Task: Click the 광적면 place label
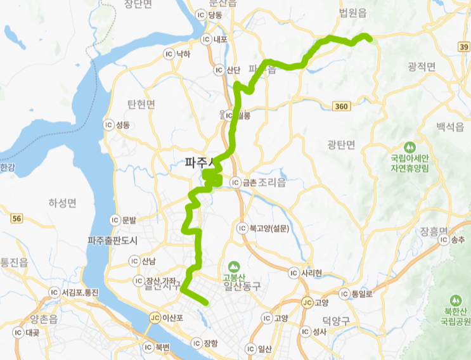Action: coord(423,66)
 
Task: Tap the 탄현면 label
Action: coord(141,105)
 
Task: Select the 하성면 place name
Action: coord(62,203)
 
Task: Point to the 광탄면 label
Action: coord(342,145)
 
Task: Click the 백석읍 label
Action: coord(450,127)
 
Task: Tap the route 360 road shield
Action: coord(342,106)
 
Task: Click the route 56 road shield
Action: coord(17,218)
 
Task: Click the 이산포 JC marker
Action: coord(155,317)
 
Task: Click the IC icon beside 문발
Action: coord(115,220)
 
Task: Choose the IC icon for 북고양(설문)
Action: coord(241,228)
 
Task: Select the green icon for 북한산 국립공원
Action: coord(454,300)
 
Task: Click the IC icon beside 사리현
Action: coord(293,273)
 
